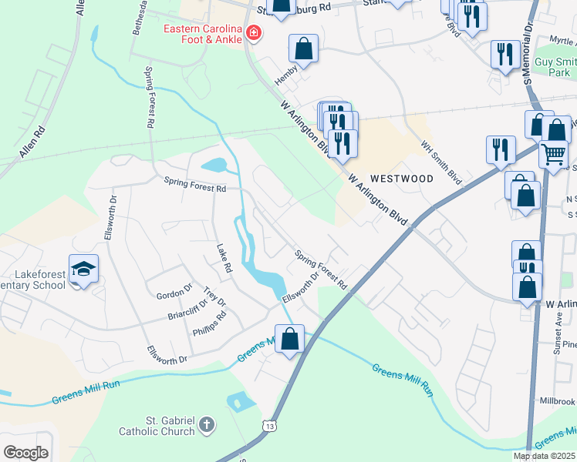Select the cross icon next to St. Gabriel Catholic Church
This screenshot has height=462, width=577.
(x=206, y=424)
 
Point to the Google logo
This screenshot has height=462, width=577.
(x=25, y=452)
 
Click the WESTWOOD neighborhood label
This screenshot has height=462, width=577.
(x=401, y=178)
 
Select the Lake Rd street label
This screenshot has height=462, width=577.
(x=224, y=260)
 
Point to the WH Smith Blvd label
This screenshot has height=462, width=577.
(x=440, y=162)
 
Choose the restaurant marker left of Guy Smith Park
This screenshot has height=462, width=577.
(x=504, y=54)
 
